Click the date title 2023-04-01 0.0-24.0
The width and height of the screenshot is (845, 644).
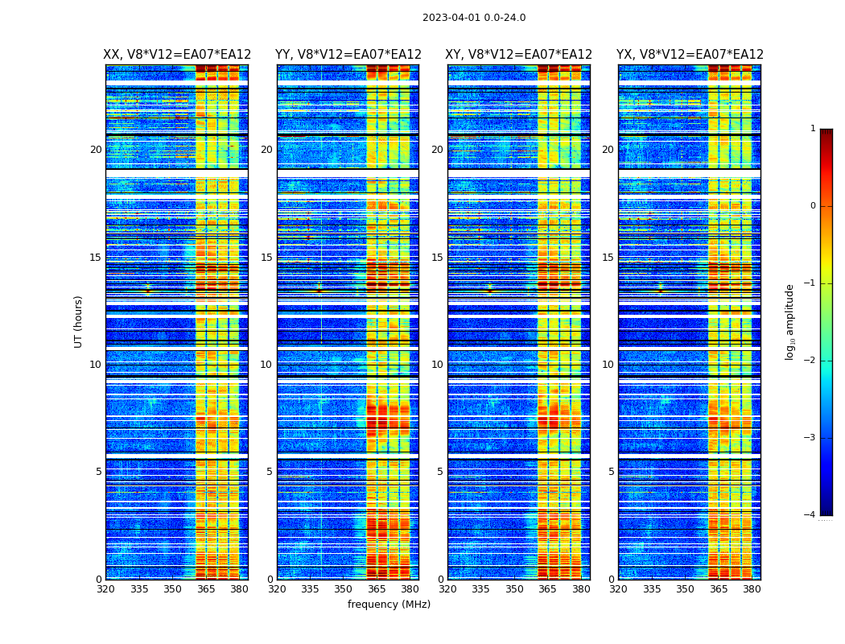coord(474,18)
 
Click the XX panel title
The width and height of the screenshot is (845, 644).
coord(177,55)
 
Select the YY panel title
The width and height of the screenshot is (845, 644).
coord(348,55)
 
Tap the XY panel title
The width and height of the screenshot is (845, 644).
coord(519,55)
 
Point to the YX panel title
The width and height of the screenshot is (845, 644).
coord(690,55)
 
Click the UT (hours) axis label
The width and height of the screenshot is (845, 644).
coord(78,321)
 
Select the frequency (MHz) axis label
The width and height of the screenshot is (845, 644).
coord(389,605)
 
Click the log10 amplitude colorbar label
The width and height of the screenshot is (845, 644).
coord(790,321)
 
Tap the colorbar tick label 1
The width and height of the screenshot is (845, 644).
coord(813,129)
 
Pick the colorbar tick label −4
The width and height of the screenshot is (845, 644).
coord(811,515)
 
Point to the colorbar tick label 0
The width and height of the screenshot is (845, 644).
coord(813,206)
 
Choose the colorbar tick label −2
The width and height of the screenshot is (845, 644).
coord(811,361)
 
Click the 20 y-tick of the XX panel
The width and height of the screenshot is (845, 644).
coord(96,150)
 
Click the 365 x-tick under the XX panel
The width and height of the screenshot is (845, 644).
coord(206,588)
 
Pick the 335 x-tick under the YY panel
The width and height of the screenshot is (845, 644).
coord(311,588)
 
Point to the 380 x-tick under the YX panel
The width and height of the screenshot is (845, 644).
coord(752,588)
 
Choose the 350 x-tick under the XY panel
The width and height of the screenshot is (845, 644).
coord(514,588)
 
